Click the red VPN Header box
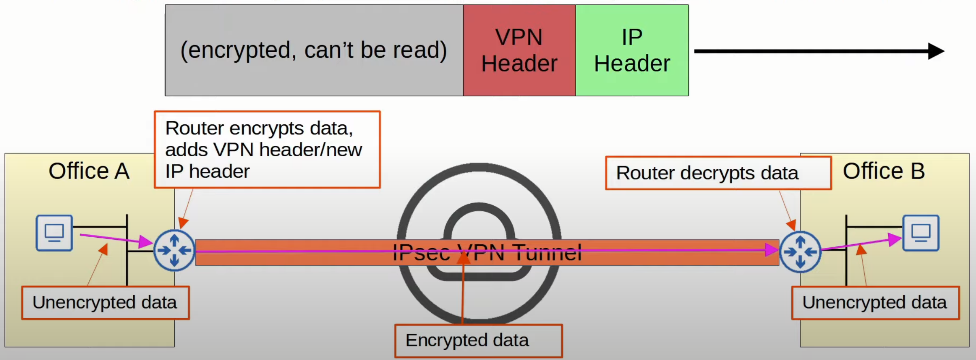point(519,50)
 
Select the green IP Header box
point(632,50)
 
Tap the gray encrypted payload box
point(314,50)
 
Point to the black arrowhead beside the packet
point(936,51)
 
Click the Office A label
point(89,171)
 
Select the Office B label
point(884,171)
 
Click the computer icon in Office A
point(54,233)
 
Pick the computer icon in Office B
point(921,233)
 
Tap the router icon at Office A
point(174,251)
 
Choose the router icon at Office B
point(800,252)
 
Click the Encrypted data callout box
point(478,341)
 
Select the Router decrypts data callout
point(718,173)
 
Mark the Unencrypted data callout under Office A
point(105,303)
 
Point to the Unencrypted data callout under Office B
point(875,303)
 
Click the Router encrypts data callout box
point(267,149)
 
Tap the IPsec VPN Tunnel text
point(487,253)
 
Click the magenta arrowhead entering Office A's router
point(146,242)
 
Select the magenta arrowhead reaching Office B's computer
point(895,239)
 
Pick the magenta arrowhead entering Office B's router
point(771,250)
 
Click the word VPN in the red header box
point(519,37)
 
